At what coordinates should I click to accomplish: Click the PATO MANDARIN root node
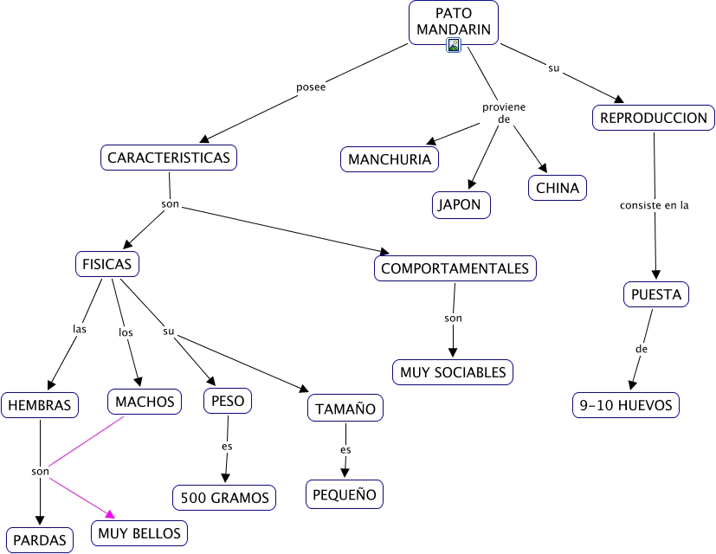click(453, 21)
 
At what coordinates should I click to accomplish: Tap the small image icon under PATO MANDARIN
click(453, 45)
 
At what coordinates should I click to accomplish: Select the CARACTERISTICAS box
click(169, 158)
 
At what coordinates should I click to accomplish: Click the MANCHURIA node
click(389, 159)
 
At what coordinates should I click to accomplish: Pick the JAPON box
click(461, 205)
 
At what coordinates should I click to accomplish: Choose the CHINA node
click(557, 188)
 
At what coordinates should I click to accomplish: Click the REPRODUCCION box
click(654, 118)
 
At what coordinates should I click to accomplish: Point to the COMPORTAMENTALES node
click(455, 268)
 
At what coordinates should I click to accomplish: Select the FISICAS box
click(106, 263)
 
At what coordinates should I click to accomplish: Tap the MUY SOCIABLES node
click(452, 372)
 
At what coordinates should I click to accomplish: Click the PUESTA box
click(655, 294)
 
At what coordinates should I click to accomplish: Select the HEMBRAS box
click(40, 404)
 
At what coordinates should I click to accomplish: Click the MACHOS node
click(145, 401)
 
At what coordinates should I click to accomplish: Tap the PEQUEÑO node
click(344, 495)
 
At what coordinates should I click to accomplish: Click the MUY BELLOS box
click(139, 533)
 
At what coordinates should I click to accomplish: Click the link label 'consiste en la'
click(655, 205)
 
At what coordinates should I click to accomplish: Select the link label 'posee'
click(311, 87)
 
